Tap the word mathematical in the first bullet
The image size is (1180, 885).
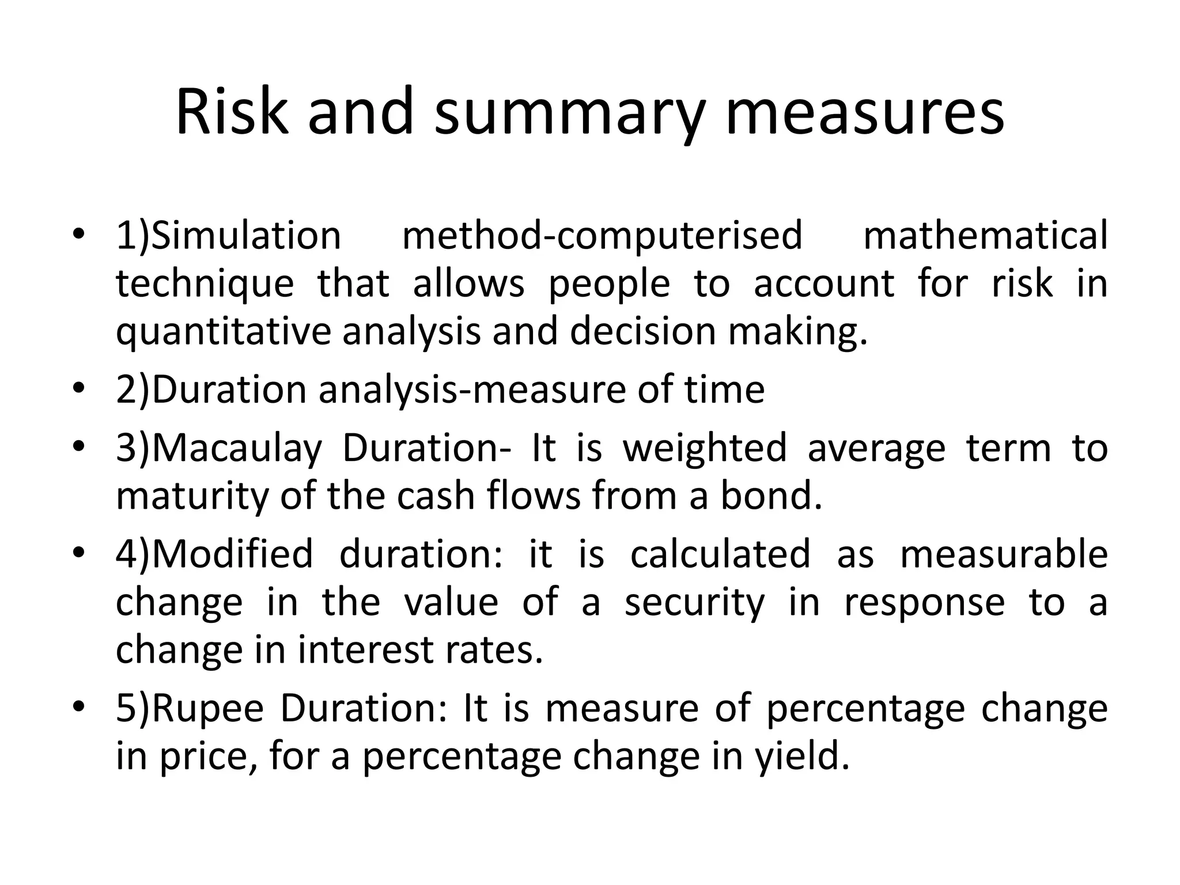[985, 236]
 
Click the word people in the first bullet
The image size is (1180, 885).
[610, 284]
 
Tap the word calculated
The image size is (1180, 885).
[720, 554]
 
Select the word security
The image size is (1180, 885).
[694, 602]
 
